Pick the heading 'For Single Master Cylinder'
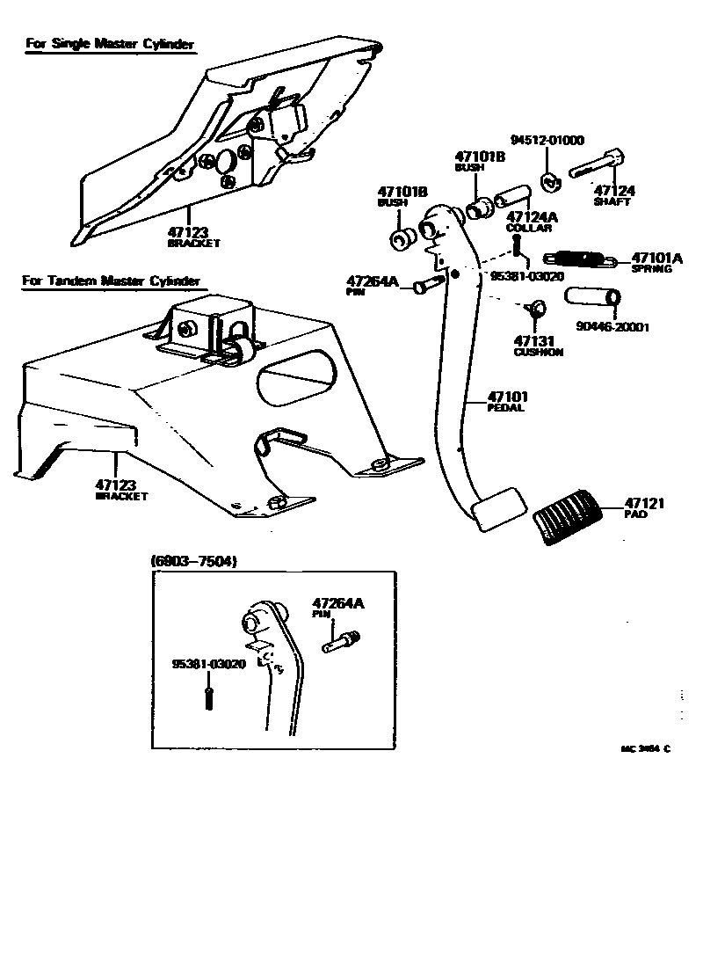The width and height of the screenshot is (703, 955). (x=109, y=43)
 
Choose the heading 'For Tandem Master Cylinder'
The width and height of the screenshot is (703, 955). (x=112, y=281)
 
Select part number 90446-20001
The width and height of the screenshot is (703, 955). (x=612, y=327)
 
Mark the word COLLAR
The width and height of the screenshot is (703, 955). (x=528, y=228)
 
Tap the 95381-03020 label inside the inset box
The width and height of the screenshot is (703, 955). (x=208, y=664)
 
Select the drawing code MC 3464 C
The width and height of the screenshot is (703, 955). (x=645, y=749)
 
